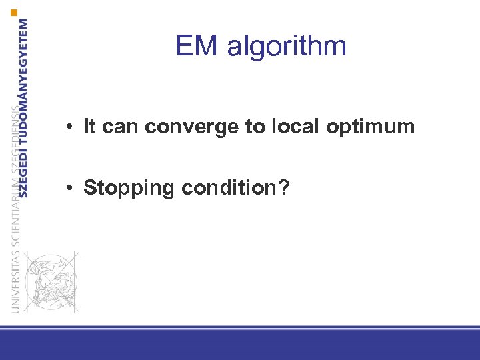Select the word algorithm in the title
point(287,47)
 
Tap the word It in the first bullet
point(90,127)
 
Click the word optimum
point(371,127)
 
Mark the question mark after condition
point(284,188)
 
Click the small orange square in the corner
point(14,13)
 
